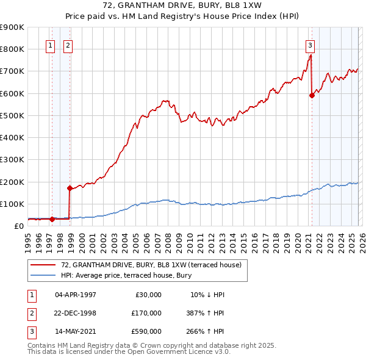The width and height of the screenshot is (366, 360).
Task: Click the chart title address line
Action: tap(182, 7)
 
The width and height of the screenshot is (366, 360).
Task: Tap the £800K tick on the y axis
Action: tap(12, 49)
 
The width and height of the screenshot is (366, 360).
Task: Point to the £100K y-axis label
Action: tap(12, 204)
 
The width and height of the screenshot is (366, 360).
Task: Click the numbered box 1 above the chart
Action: tap(51, 45)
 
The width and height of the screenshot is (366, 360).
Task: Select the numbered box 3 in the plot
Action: tap(310, 45)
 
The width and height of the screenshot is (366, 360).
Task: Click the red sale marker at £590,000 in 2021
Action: tap(312, 95)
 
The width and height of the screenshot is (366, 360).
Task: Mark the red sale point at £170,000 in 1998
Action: tap(70, 188)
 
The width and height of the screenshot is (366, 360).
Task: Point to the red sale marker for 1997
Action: tap(52, 219)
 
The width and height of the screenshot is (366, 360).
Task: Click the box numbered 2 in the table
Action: tap(31, 313)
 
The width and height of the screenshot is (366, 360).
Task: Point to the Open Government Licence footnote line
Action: tap(129, 352)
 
